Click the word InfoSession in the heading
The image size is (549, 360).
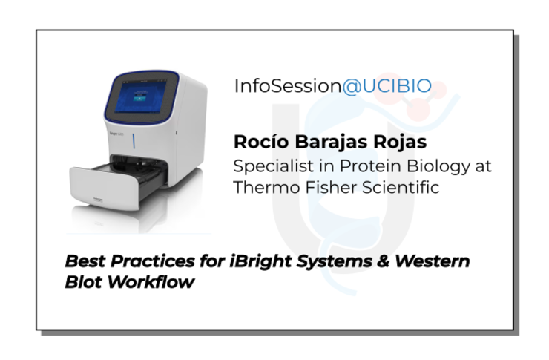pos(287,86)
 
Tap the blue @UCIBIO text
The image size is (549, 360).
pos(387,87)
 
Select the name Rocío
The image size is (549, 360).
pos(261,142)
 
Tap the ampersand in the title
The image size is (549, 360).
pos(384,261)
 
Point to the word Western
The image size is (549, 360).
pos(432,261)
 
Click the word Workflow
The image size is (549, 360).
pos(151,282)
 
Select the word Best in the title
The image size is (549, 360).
pos(86,261)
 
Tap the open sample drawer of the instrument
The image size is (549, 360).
pos(118,183)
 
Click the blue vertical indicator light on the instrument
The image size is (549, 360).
pos(134,141)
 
